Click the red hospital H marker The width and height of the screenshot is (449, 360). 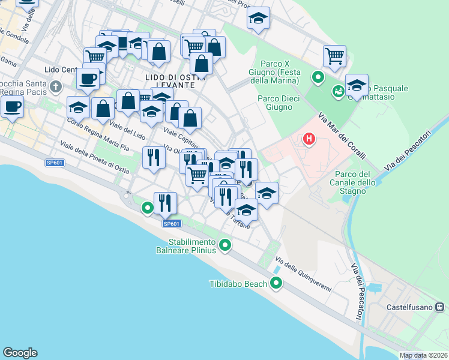309,140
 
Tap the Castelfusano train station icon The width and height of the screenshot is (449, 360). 440,307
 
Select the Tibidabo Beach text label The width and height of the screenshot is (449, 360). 238,284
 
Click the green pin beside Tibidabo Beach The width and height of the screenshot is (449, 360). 276,283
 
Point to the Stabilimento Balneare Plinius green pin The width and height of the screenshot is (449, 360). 225,244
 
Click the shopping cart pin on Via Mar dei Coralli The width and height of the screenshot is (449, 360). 334,56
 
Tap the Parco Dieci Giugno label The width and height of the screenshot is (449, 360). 275,103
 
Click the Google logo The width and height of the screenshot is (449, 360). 20,353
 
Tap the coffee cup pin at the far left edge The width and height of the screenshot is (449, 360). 12,107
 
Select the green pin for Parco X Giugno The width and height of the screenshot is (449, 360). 318,77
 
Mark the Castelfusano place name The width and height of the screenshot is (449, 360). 409,307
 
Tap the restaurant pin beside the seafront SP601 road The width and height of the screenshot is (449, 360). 164,203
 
